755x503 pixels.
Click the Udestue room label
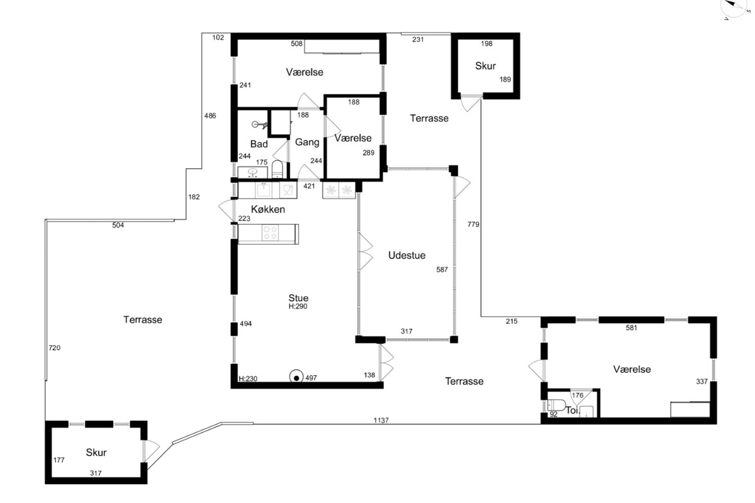[x=406, y=255]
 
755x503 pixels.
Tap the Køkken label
[x=268, y=209]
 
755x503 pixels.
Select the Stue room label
[x=298, y=298]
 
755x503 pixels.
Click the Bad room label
[x=259, y=144]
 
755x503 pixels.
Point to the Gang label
[x=307, y=142]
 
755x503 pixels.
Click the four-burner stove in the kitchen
[x=270, y=233]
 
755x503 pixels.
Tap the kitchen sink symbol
[x=263, y=191]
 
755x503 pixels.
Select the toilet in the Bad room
[x=277, y=169]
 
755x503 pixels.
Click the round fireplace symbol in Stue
[x=296, y=378]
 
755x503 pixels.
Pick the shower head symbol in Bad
[x=259, y=125]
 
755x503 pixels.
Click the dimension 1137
[x=381, y=420]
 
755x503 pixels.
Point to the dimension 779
[x=473, y=224]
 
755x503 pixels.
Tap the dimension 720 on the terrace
[x=54, y=348]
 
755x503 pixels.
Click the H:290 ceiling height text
[x=298, y=306]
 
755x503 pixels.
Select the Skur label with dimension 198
[x=485, y=65]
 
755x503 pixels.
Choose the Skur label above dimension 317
[x=96, y=452]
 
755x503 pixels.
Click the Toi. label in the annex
[x=573, y=411]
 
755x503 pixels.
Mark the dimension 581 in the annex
[x=631, y=328]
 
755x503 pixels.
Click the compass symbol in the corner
[x=737, y=8]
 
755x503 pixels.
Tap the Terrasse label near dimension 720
[x=143, y=319]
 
